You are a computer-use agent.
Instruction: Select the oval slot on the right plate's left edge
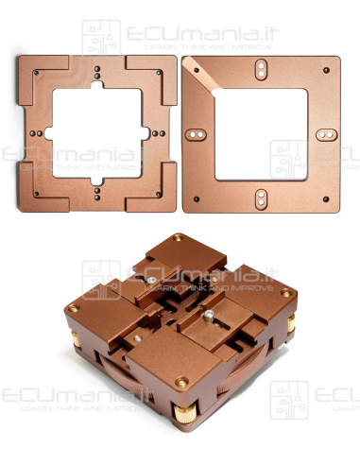pyautogui.click(x=196, y=134)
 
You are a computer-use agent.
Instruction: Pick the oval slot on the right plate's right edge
pyautogui.click(x=325, y=135)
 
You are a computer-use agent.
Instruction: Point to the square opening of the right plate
pyautogui.click(x=262, y=132)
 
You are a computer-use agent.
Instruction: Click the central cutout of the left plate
pyautogui.click(x=97, y=133)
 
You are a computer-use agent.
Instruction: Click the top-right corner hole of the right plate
pyautogui.click(x=325, y=69)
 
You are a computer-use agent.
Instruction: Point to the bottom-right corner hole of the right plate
pyautogui.click(x=326, y=199)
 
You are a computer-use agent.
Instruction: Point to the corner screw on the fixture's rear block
pyautogui.click(x=178, y=241)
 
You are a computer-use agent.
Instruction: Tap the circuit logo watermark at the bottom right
pyautogui.click(x=289, y=401)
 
